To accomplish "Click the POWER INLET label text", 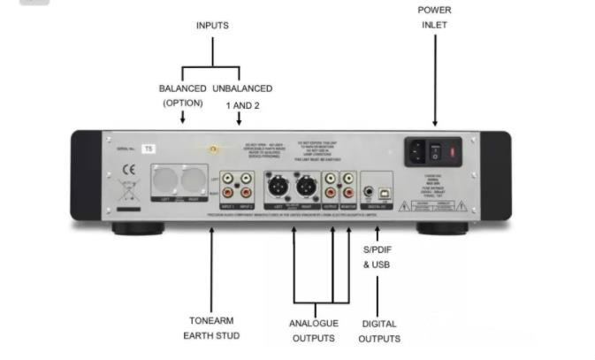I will [433, 18].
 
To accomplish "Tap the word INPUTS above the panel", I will [211, 26].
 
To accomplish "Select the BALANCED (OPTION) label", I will [182, 96].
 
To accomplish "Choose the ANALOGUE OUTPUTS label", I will [314, 330].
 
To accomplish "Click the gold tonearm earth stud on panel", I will [212, 149].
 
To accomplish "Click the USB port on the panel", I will [386, 190].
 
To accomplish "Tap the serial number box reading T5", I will [149, 149].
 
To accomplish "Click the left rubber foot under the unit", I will [138, 228].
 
